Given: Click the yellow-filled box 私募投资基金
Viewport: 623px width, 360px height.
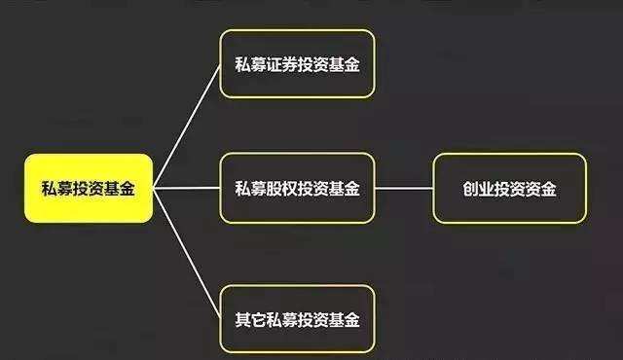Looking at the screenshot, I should (88, 189).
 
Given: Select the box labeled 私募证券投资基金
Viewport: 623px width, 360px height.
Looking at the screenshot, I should (297, 64).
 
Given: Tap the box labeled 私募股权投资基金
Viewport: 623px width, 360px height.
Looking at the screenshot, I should (297, 189).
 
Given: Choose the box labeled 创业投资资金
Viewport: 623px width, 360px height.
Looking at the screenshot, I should (509, 189).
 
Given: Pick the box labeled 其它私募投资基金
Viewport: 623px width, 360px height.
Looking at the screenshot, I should (297, 319).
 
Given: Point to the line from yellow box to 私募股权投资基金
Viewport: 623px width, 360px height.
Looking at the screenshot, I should (187, 188).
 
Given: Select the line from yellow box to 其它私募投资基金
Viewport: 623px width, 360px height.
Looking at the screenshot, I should (187, 255).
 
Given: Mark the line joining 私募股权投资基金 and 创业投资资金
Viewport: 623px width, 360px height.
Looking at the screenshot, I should (404, 189).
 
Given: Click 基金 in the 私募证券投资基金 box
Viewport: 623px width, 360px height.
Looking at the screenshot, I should (344, 65).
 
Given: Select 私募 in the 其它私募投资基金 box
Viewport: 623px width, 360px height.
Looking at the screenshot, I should (281, 319).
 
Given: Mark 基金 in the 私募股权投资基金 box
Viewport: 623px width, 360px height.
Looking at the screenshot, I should (344, 189).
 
